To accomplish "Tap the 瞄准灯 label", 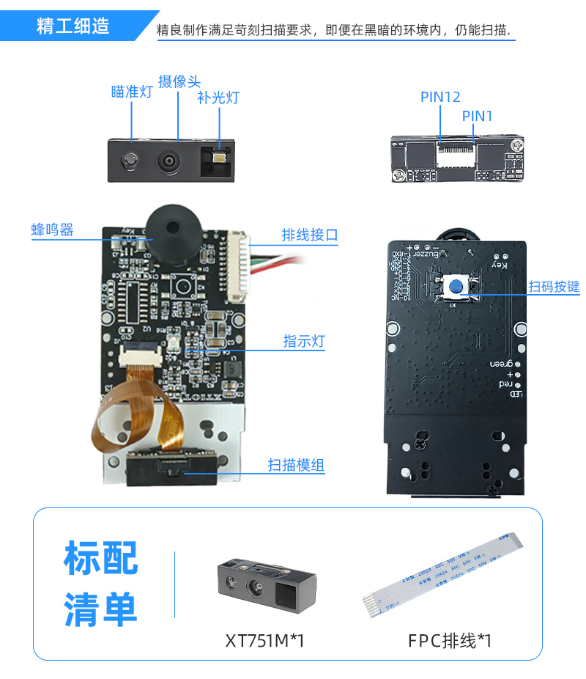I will click(132, 92).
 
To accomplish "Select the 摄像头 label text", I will click(179, 81).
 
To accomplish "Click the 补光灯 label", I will click(218, 98).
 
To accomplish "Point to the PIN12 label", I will click(440, 97).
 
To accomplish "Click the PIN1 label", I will click(477, 116).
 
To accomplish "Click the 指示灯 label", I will click(304, 341).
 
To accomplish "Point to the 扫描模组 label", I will click(296, 465).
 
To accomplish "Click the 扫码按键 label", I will click(554, 286).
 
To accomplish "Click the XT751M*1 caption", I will click(264, 641).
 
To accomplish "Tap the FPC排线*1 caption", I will click(450, 641).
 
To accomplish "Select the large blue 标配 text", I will click(100, 558).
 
